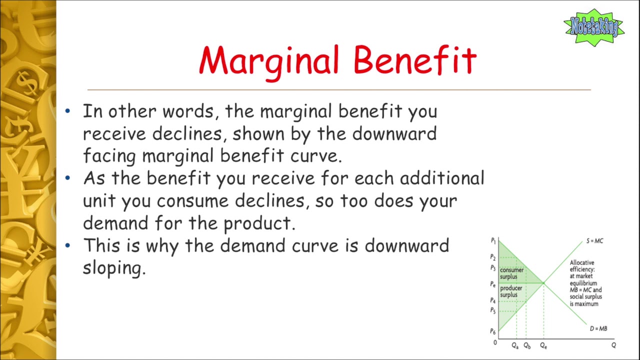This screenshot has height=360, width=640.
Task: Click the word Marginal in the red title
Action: (x=269, y=63)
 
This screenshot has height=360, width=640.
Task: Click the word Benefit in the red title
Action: (x=415, y=60)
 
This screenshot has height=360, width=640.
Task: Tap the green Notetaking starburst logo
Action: (x=594, y=27)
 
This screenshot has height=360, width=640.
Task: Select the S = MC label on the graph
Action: (x=594, y=241)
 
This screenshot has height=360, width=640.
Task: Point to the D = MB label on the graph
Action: (x=598, y=328)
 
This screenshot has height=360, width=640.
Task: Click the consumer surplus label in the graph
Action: (x=511, y=273)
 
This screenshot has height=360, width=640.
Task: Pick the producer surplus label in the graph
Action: (x=511, y=291)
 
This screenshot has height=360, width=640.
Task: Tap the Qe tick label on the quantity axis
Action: (x=543, y=345)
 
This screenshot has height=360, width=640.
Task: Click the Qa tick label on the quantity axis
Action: (x=515, y=345)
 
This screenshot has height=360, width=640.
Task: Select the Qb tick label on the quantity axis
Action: (x=527, y=345)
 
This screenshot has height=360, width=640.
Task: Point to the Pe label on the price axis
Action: (x=493, y=284)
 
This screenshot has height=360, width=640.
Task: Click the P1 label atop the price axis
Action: (x=493, y=241)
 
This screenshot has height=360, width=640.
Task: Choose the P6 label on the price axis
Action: (x=493, y=331)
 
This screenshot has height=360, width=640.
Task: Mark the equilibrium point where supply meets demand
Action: (x=543, y=283)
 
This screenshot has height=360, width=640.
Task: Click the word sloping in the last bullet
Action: (x=114, y=269)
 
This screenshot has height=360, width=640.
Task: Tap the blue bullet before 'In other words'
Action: (x=67, y=111)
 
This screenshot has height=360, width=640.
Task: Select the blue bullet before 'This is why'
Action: (x=67, y=245)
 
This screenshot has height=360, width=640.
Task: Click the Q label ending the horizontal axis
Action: (x=613, y=345)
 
